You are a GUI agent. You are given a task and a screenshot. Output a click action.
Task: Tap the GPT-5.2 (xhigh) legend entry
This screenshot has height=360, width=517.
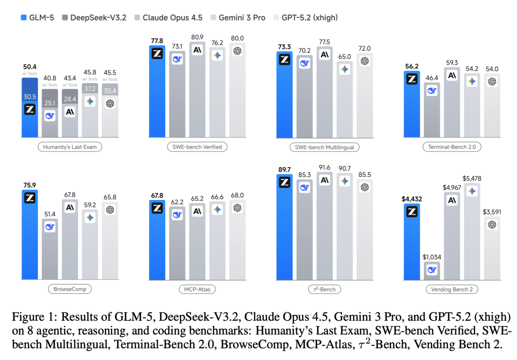tap(310, 17)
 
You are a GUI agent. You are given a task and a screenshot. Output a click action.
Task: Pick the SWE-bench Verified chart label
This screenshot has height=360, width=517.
tap(197, 147)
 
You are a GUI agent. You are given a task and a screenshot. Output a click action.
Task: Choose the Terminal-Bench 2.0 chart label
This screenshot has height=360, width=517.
tap(451, 147)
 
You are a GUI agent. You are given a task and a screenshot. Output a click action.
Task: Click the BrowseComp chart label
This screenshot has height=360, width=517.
tap(69, 289)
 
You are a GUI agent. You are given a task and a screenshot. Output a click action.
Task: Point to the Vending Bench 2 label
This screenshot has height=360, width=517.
tap(451, 289)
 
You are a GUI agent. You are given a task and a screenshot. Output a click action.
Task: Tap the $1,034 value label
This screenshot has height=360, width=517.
tap(431, 257)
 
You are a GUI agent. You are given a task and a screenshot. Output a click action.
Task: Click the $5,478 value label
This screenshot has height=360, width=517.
tap(471, 178)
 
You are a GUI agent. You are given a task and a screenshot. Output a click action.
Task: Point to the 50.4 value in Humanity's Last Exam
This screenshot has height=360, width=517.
tap(30, 67)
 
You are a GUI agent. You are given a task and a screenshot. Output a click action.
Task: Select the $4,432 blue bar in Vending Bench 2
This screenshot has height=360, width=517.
tap(412, 243)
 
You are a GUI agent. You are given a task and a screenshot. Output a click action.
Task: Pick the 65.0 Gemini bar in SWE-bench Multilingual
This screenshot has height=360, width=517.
tap(344, 102)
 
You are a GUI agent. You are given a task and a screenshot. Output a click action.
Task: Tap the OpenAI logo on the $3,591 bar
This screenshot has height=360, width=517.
tap(491, 224)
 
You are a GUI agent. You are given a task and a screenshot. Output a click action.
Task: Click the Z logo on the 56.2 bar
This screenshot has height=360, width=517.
tap(412, 79)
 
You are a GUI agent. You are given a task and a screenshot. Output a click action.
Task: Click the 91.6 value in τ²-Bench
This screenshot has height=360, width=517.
tap(325, 168)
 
